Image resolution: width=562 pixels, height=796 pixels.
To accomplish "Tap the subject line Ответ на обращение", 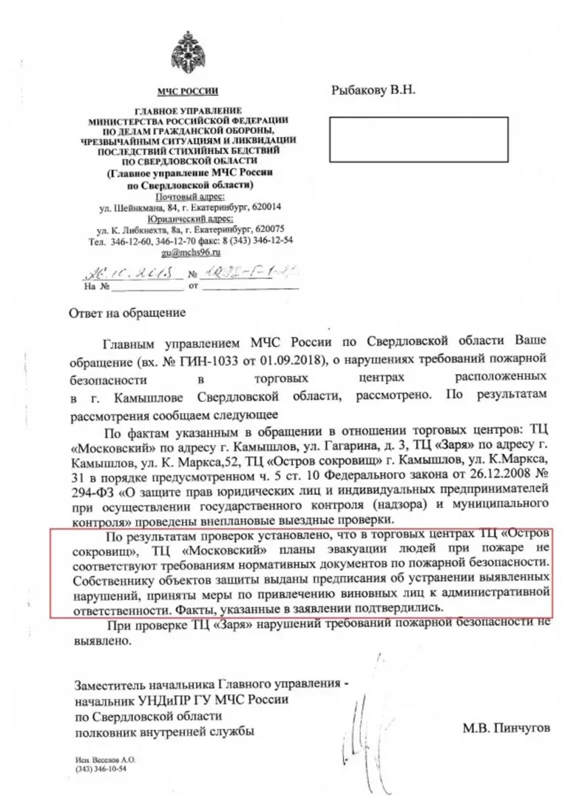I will coord(127,312).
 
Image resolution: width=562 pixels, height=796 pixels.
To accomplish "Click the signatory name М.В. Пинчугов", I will coord(507,729).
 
